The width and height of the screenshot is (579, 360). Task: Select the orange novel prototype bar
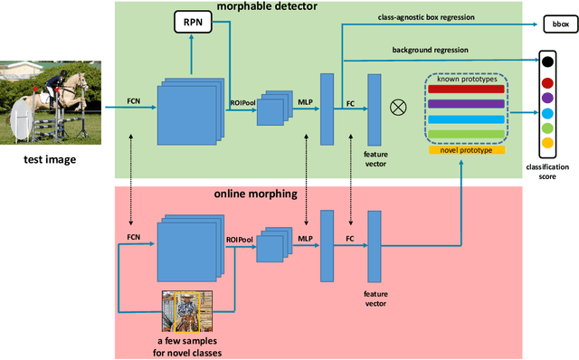467,149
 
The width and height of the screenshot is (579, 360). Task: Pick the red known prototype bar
467,90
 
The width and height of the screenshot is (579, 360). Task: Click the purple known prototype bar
467,104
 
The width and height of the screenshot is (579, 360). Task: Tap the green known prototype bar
467,134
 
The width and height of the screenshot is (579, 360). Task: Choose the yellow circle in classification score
546,142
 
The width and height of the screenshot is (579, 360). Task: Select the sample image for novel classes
185,311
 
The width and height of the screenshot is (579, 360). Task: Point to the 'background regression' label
430,50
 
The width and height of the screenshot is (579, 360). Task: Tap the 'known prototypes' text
467,78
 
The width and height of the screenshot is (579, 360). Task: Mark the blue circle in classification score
546,112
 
